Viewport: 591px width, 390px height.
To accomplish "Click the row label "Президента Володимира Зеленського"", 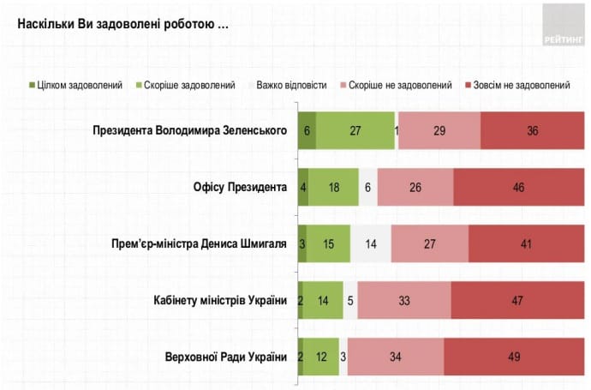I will click(x=189, y=131).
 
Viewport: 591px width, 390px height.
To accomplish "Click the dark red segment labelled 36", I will click(x=532, y=131).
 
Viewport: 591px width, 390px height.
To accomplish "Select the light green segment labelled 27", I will click(x=355, y=131).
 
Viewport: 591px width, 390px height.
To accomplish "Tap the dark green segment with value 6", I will click(x=306, y=131).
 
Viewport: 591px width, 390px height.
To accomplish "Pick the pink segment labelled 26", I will click(x=415, y=188).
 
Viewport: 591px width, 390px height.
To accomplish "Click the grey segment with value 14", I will click(x=371, y=243).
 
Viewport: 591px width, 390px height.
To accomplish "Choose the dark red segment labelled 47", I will click(x=517, y=300).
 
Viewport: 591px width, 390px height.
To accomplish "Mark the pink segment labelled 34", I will click(x=396, y=356).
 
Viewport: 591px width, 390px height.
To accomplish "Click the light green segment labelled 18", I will click(x=333, y=188).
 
